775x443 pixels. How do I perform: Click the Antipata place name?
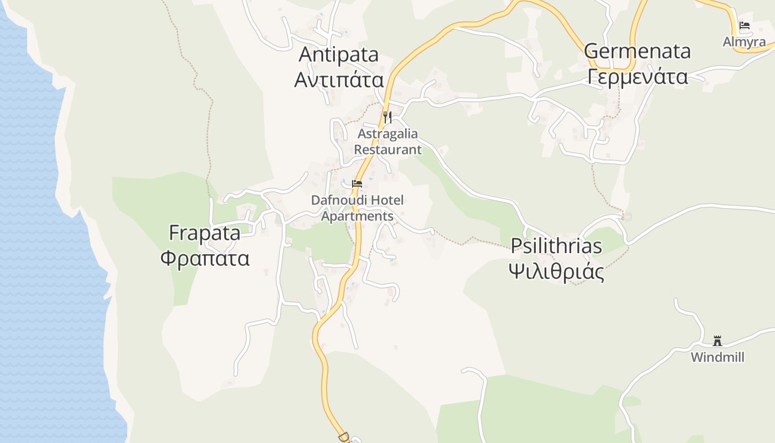click(x=339, y=54)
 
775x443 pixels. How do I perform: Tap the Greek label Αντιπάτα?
click(x=339, y=79)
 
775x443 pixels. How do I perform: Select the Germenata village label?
click(x=637, y=51)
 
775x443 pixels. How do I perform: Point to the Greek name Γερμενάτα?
click(x=637, y=76)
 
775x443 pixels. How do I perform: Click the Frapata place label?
click(x=205, y=233)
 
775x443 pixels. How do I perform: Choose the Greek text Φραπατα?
click(x=205, y=258)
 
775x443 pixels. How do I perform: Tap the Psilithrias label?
click(x=556, y=245)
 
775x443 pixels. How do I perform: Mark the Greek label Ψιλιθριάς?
click(x=556, y=272)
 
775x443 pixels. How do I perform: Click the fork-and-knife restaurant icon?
click(x=387, y=117)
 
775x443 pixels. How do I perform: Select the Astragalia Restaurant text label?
click(x=387, y=142)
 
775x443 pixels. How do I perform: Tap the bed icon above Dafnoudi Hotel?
click(x=357, y=183)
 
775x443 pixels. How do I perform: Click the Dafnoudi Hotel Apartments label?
click(x=357, y=208)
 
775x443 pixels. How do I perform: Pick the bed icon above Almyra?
click(x=745, y=25)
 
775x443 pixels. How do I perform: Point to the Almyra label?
click(x=745, y=42)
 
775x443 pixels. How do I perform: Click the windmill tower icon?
click(x=717, y=340)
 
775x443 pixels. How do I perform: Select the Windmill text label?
click(x=717, y=357)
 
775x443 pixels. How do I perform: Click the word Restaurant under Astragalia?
click(x=387, y=150)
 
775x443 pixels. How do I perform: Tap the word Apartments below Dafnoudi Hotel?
click(x=357, y=216)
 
